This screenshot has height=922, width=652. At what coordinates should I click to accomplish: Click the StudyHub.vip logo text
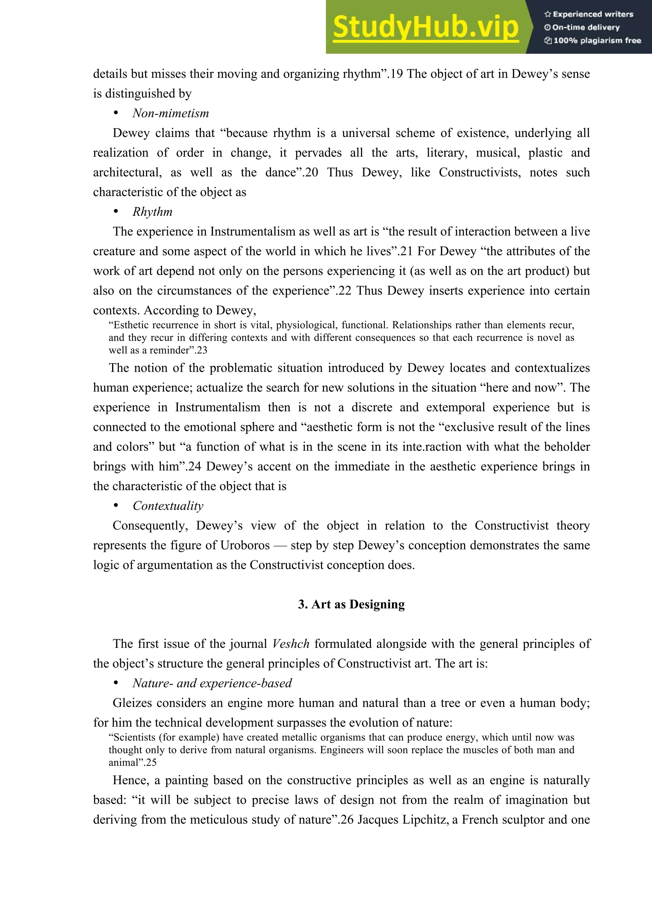[425, 27]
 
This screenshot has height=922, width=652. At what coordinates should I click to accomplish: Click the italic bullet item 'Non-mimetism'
[171, 113]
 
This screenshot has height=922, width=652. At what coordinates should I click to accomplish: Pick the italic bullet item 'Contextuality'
[168, 506]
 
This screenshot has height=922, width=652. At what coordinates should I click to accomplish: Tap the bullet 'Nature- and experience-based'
[212, 683]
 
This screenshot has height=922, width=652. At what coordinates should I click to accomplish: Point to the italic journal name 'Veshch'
[290, 644]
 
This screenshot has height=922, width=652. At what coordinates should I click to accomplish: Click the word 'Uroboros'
[245, 545]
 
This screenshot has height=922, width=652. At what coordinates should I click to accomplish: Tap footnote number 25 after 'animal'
[151, 763]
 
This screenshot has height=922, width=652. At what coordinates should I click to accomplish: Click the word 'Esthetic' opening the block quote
[131, 325]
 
